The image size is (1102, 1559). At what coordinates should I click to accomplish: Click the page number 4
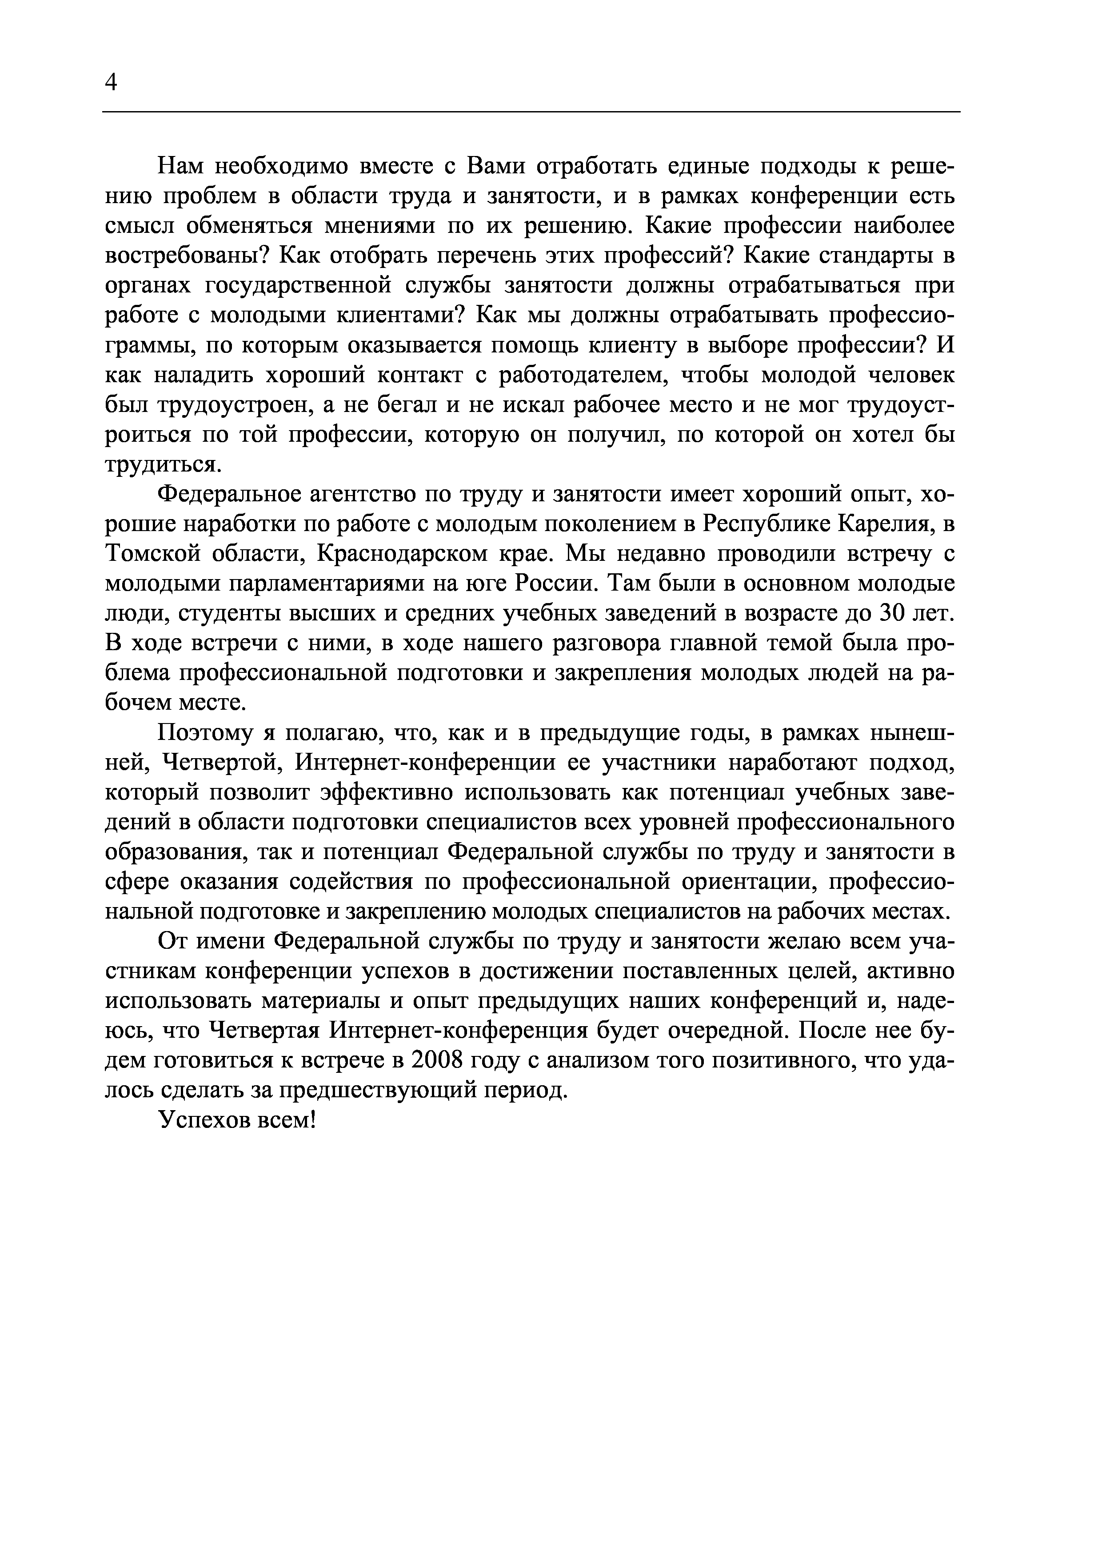pos(112,83)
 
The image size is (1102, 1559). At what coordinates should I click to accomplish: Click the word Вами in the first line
pos(499,166)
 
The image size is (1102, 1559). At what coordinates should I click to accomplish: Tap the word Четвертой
pos(224,764)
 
